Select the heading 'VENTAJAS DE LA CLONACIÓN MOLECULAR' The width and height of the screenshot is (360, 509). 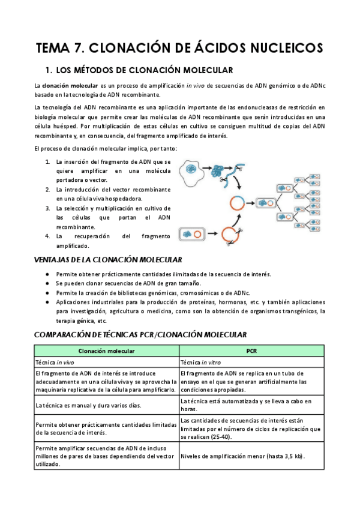pyautogui.click(x=108, y=259)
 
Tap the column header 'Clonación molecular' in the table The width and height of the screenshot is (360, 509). pyautogui.click(x=106, y=351)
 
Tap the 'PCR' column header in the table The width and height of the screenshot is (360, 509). pyautogui.click(x=251, y=351)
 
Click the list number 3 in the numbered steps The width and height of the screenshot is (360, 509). pyautogui.click(x=48, y=208)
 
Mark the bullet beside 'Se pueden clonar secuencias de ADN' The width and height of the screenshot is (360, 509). pyautogui.click(x=48, y=283)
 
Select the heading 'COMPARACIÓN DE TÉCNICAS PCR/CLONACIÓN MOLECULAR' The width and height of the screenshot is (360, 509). pyautogui.click(x=140, y=334)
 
